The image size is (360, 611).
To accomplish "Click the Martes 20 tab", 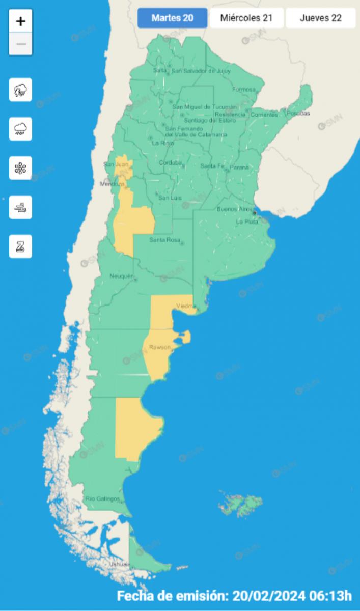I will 173,18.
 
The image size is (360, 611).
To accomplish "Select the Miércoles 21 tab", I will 246,18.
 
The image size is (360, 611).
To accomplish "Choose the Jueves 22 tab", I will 321,18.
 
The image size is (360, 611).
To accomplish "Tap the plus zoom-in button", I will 21,21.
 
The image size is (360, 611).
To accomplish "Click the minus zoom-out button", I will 21,44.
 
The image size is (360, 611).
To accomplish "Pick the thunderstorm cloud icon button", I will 21,90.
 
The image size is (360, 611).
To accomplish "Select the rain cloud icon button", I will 21,129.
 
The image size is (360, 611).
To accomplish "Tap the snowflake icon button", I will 21,169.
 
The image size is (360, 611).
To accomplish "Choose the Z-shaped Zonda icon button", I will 21,247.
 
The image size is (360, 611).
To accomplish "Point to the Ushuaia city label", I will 120,565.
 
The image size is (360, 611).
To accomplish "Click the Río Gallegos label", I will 102,498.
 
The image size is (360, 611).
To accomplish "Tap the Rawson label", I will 159,347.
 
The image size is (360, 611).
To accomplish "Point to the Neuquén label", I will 121,276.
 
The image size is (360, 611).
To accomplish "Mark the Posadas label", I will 297,114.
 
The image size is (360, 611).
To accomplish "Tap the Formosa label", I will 243,90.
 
